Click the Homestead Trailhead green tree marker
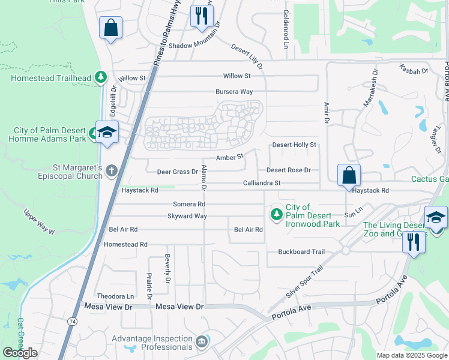coord(101,77)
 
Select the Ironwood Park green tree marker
coord(276,214)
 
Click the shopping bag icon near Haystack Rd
coord(349,175)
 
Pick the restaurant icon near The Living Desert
coord(413,241)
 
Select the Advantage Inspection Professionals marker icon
coord(202,342)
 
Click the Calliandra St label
coord(262,182)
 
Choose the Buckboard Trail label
coord(301,252)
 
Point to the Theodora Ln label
coord(115,296)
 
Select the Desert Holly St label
coord(294,145)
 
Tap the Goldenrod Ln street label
coord(286,28)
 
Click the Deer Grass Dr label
coord(177,172)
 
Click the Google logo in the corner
coord(20,353)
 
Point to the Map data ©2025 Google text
coord(412,355)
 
